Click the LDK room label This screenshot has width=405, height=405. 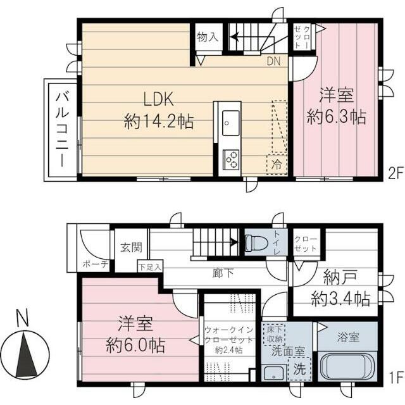158,99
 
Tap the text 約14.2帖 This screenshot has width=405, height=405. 159,121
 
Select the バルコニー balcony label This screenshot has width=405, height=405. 61,129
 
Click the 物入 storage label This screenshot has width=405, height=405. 207,37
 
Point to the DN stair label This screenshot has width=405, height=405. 273,61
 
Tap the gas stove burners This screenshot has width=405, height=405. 230,158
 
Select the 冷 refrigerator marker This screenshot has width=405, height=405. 277,163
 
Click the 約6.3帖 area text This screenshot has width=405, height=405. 336,117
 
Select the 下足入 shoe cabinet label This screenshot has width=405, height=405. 151,267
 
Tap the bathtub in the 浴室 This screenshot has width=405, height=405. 348,367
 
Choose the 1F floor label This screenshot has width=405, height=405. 396,379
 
